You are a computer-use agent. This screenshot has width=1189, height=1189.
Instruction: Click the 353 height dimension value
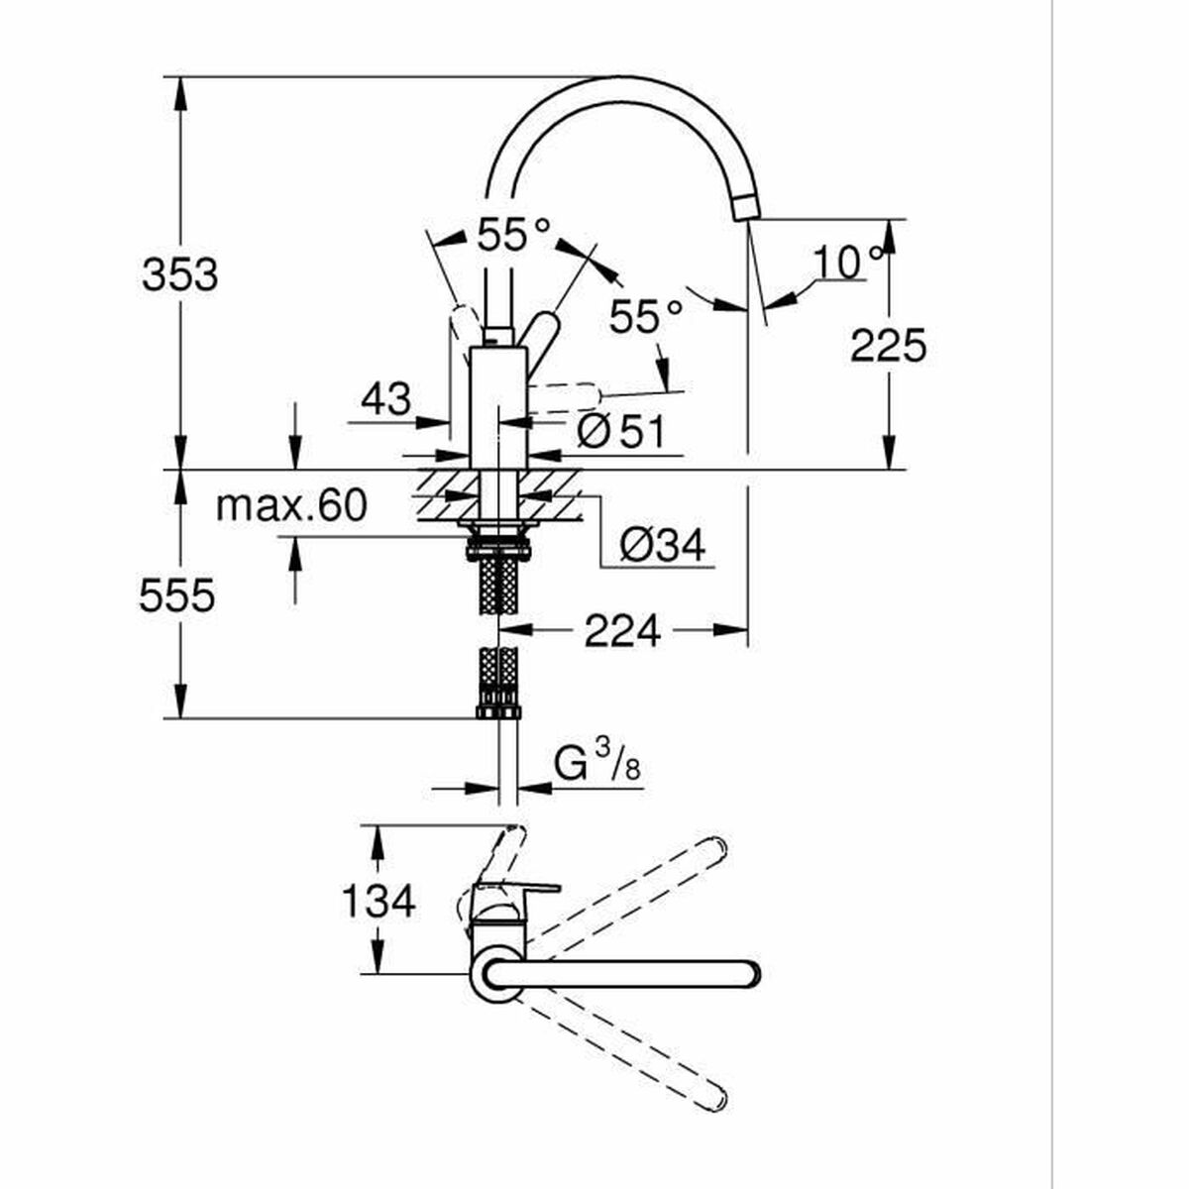pyautogui.click(x=179, y=274)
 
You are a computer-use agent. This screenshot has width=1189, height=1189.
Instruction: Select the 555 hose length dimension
pyautogui.click(x=176, y=596)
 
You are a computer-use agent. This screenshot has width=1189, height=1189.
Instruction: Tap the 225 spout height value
pyautogui.click(x=889, y=346)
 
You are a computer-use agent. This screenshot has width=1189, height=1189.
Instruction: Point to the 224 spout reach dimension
pyautogui.click(x=621, y=630)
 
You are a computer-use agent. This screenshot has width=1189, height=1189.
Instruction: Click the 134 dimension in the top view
pyautogui.click(x=378, y=902)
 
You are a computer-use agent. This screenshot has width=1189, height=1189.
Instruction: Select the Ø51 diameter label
pyautogui.click(x=620, y=432)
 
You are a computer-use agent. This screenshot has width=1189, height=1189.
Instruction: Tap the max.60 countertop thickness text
pyautogui.click(x=291, y=506)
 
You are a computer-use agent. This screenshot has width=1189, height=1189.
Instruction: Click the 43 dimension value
pyautogui.click(x=384, y=399)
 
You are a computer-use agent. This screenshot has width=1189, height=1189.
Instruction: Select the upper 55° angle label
pyautogui.click(x=512, y=236)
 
